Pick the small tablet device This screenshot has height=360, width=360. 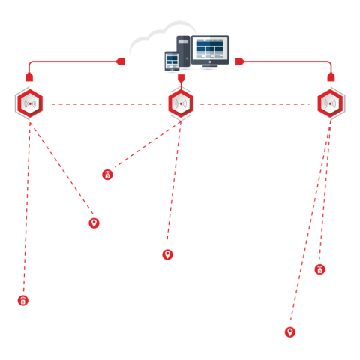[x=172, y=61]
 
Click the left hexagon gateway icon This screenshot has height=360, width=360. [x=29, y=103]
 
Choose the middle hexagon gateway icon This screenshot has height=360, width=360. [x=181, y=103]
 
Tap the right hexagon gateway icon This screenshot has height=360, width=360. [x=331, y=103]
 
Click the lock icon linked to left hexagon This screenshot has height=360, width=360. [x=23, y=300]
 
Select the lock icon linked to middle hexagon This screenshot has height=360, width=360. [x=107, y=175]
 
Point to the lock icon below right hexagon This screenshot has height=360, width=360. [x=319, y=268]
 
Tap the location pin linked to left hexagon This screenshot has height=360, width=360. [x=94, y=223]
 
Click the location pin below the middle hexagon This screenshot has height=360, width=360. [x=167, y=254]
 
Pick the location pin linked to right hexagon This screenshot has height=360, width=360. [x=289, y=331]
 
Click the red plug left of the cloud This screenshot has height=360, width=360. [x=121, y=61]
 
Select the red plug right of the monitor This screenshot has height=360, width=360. [x=239, y=61]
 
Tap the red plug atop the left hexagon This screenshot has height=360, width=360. [x=29, y=76]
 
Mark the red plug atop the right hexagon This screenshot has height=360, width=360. [x=331, y=76]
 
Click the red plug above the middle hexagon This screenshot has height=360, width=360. [x=181, y=77]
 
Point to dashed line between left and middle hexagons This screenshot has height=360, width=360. [x=105, y=103]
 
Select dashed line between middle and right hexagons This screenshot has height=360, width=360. [x=255, y=103]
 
